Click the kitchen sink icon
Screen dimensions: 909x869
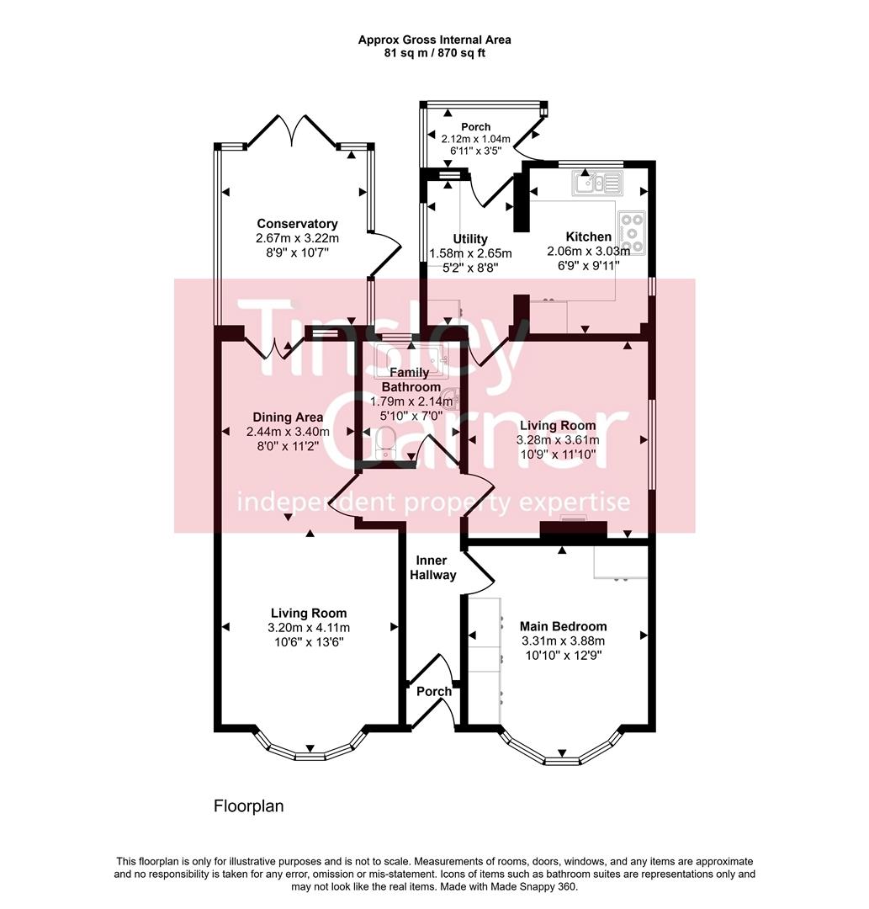(596, 182)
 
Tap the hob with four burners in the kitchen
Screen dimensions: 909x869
(632, 233)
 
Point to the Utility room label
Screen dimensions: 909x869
(469, 239)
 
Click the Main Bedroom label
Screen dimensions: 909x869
(563, 626)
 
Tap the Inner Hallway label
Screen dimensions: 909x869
(434, 567)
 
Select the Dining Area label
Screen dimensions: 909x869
(288, 417)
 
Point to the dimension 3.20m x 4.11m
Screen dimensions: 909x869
(309, 627)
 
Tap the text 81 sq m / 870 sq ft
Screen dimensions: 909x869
(434, 52)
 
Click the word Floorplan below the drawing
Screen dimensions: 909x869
(248, 806)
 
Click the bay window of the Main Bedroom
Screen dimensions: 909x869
(561, 752)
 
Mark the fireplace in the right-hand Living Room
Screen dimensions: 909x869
(573, 528)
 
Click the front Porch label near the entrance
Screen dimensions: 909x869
(434, 691)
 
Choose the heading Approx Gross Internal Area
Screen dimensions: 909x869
(434, 40)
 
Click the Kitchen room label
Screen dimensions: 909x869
(588, 237)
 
